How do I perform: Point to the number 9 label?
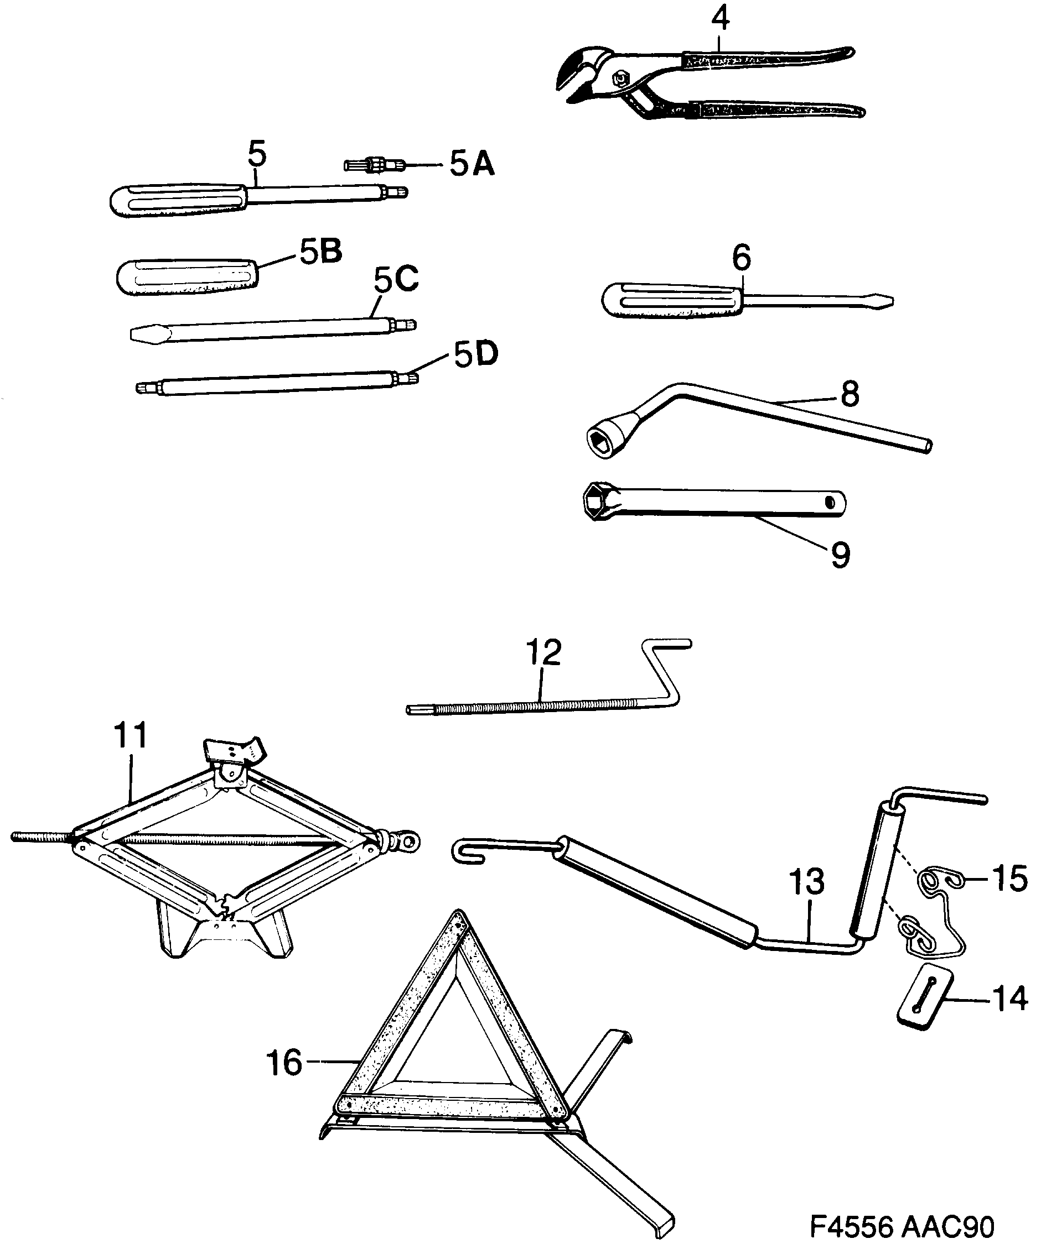[840, 555]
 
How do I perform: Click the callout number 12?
[543, 652]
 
